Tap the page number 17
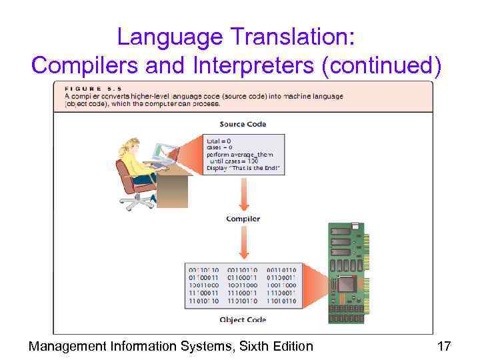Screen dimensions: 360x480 point(443,346)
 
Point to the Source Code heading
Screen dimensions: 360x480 point(243,124)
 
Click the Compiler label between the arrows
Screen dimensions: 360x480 point(243,219)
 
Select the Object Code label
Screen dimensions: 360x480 point(243,320)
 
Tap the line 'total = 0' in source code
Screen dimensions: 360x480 point(221,141)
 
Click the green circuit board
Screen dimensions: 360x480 point(347,273)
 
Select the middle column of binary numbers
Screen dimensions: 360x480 point(243,285)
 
